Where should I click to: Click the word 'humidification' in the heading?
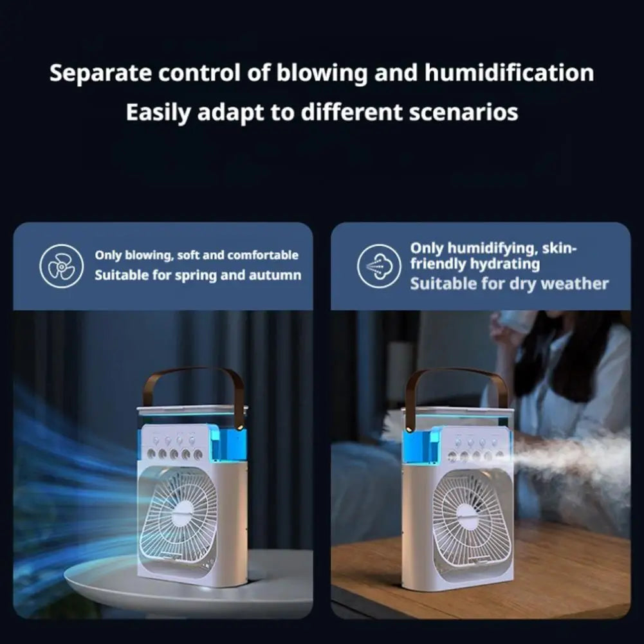pyautogui.click(x=509, y=73)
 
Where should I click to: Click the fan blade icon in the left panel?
pyautogui.click(x=61, y=266)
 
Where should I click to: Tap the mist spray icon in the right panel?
pyautogui.click(x=378, y=266)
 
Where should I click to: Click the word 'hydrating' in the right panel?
pyautogui.click(x=505, y=264)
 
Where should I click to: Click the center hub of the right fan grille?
pyautogui.click(x=468, y=517)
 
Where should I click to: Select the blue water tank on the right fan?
pyautogui.click(x=421, y=445)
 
